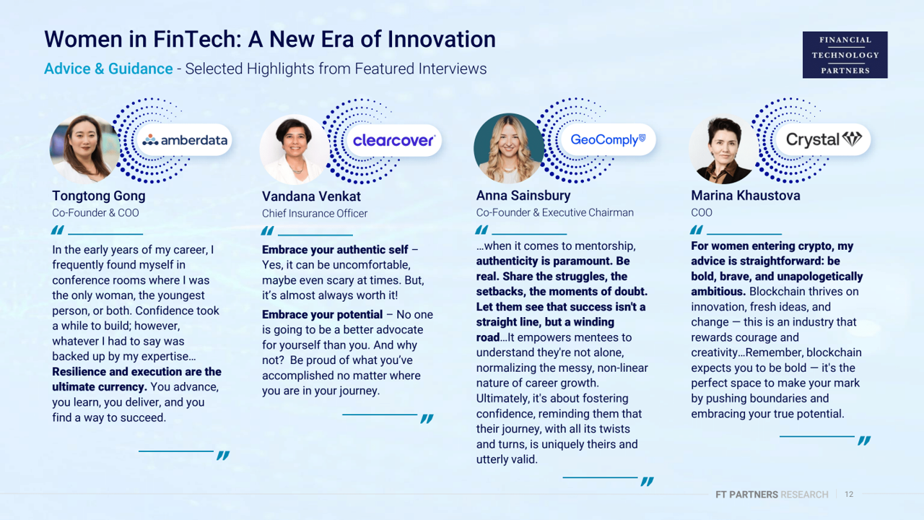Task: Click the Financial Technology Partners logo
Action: tap(845, 55)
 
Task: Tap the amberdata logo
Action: tap(185, 140)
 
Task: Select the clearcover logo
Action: tap(393, 140)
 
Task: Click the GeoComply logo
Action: tap(608, 139)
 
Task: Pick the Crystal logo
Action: tap(824, 139)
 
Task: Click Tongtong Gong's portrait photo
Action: tap(84, 149)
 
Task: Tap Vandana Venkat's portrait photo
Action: tap(295, 149)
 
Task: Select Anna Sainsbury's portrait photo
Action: tap(509, 149)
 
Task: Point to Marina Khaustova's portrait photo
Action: tap(724, 149)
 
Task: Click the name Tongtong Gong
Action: tap(99, 196)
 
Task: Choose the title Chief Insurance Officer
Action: tap(315, 213)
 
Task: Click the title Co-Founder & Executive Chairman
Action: tap(555, 212)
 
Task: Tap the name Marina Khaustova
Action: tap(746, 195)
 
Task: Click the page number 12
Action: tap(849, 494)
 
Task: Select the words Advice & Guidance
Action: tap(108, 69)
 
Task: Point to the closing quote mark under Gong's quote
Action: tap(223, 455)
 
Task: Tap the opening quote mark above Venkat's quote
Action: tap(267, 230)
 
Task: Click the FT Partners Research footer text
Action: tap(772, 495)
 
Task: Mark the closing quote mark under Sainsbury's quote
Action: tap(648, 481)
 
